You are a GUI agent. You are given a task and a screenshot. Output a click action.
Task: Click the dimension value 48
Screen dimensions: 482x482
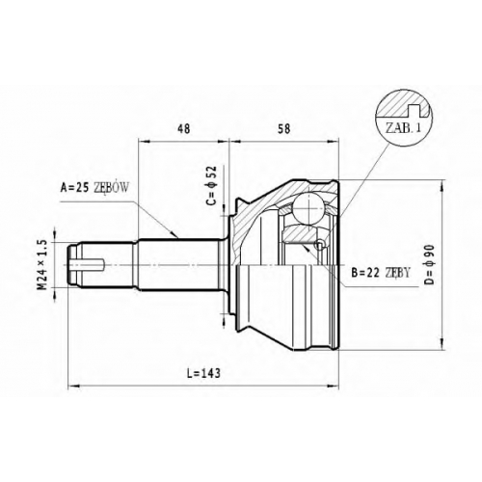184,128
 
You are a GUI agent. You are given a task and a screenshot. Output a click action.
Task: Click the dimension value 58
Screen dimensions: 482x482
284,128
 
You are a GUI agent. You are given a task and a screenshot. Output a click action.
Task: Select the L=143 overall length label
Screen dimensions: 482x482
204,373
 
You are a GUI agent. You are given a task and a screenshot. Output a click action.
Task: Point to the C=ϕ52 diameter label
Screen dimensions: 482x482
212,185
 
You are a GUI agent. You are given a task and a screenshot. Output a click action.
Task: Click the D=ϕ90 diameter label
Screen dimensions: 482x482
430,264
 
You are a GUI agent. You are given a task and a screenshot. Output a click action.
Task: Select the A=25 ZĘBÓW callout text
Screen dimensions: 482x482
94,188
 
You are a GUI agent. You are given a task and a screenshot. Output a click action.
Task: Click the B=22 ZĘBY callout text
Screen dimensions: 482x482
381,273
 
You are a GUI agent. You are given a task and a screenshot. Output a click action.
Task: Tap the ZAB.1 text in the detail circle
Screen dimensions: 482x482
403,128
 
